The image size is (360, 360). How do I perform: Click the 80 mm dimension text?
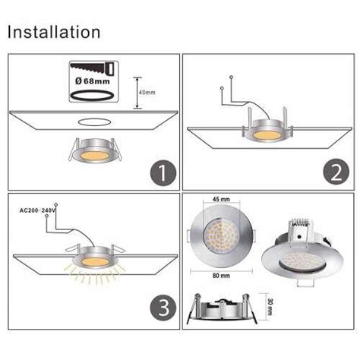tap(221, 276)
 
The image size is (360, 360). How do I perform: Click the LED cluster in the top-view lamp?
tap(221, 238)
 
